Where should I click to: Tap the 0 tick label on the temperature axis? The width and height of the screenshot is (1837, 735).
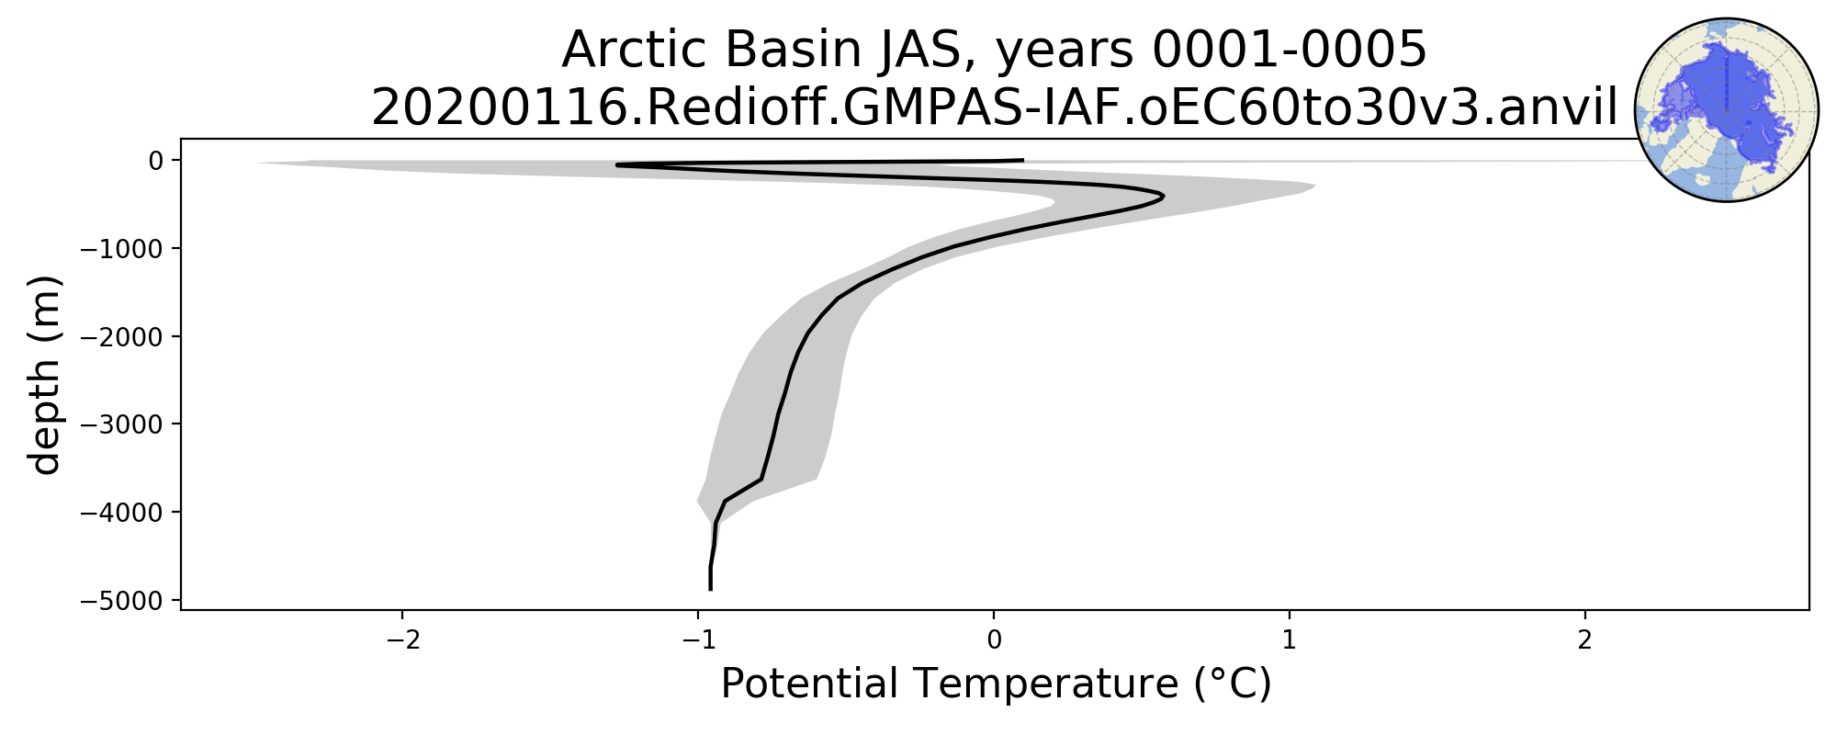tap(994, 639)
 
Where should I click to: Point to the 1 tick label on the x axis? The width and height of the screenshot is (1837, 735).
tap(1290, 639)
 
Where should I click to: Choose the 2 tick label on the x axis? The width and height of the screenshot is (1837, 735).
tap(1585, 639)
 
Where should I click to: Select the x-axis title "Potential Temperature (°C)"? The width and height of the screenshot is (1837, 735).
tap(996, 684)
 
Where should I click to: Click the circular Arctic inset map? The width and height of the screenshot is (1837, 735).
tap(1727, 110)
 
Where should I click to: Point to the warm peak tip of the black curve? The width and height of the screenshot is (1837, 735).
tap(1164, 196)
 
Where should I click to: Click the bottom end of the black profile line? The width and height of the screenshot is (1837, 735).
tap(711, 589)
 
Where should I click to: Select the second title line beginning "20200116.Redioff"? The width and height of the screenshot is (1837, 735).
tap(995, 108)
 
